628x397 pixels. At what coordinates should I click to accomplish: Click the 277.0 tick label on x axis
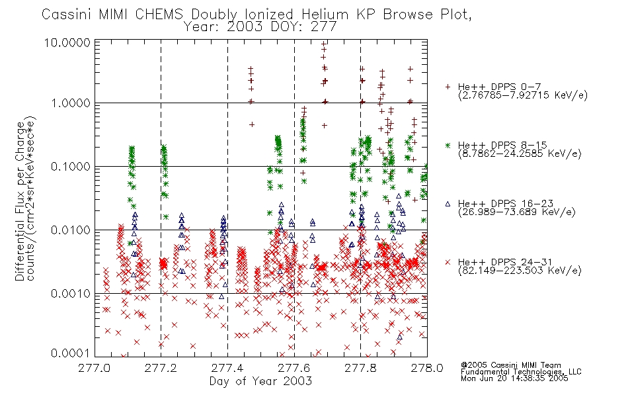tap(94, 368)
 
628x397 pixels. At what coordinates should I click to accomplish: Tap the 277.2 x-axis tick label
tap(161, 368)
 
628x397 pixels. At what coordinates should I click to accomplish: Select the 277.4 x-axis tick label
tap(227, 368)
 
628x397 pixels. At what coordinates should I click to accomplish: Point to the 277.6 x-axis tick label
tap(294, 368)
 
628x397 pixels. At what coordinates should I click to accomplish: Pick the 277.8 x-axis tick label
tap(360, 368)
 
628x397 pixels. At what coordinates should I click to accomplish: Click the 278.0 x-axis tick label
tap(427, 368)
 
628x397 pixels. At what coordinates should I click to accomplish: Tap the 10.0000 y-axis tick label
tap(67, 42)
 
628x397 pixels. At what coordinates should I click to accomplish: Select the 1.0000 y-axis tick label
tap(71, 103)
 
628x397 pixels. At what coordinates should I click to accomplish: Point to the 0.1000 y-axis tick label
tap(71, 167)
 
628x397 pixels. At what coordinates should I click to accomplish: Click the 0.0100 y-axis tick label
tap(71, 230)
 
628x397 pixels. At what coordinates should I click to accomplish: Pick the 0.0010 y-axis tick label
tap(71, 294)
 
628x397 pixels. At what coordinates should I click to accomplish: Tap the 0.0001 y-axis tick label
tap(71, 353)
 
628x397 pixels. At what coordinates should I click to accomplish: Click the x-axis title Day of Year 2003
tap(260, 381)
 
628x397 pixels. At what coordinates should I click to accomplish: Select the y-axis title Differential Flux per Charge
tap(20, 201)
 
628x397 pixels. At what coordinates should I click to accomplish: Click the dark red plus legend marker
tap(448, 87)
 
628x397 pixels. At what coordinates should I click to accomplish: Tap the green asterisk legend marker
tap(448, 145)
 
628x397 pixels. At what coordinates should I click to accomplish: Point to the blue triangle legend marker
tap(448, 204)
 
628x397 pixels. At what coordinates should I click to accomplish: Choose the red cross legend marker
tap(448, 262)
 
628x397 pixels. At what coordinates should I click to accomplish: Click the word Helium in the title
tap(325, 15)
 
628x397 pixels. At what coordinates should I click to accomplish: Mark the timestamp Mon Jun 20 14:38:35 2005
tap(514, 378)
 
